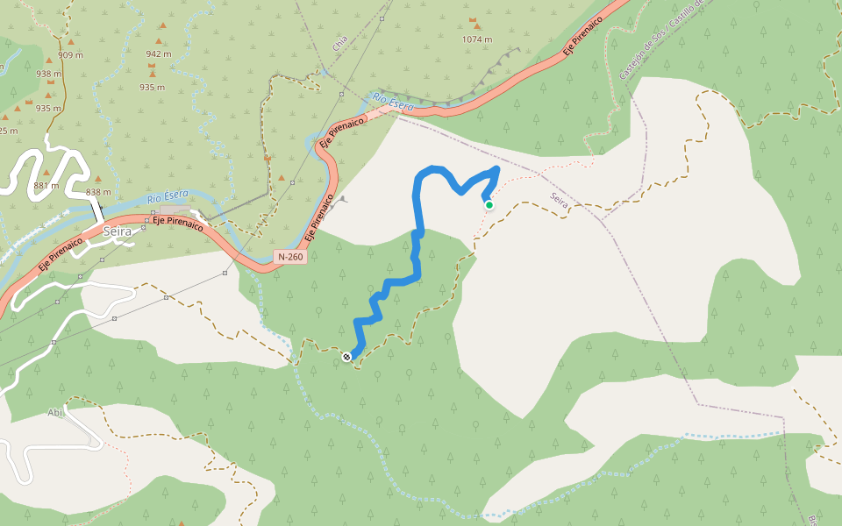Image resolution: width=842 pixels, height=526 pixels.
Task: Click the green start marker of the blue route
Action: [489, 205]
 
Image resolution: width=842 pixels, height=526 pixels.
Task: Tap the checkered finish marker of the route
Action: [347, 356]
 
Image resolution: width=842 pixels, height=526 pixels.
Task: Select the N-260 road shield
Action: [290, 257]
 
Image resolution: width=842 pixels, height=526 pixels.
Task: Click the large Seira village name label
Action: [117, 231]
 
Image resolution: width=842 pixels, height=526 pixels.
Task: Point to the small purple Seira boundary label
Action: [559, 201]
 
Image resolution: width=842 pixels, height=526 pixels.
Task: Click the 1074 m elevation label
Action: [477, 39]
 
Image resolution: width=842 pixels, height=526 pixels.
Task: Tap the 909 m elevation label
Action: [71, 55]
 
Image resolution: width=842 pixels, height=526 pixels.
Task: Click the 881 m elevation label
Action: [46, 185]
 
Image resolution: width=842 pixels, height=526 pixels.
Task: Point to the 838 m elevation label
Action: [98, 192]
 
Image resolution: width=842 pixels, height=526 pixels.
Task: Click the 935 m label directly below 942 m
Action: [153, 87]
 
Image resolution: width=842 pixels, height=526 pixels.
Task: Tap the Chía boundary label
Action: [340, 43]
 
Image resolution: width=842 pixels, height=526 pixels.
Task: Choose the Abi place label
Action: [55, 412]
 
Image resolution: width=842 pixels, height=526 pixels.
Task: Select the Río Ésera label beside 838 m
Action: [168, 198]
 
